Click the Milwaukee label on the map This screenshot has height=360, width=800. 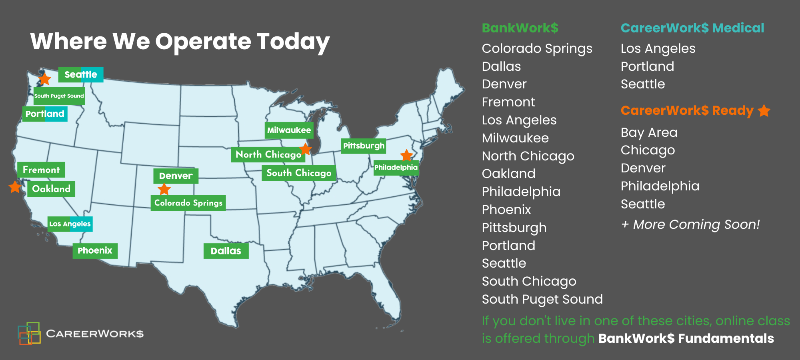coord(289,130)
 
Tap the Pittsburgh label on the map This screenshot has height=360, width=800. coord(364,146)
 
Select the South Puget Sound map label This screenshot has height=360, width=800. coord(59,96)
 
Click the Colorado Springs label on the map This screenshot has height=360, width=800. coord(188,203)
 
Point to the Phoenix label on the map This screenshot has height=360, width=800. coord(95,251)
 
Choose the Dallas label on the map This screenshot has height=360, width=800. coord(226,251)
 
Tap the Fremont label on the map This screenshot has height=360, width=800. coord(41,170)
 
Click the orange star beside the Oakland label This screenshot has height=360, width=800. coord(15,187)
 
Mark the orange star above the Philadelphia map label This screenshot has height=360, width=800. coord(406,155)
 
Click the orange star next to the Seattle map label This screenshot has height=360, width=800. coord(44,79)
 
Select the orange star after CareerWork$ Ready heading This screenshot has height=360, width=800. coord(764,111)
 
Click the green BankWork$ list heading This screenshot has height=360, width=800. coord(520,28)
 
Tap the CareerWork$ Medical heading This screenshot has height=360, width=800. coord(692,28)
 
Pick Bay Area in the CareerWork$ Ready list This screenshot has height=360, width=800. coord(649,132)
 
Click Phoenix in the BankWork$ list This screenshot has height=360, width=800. coord(506,210)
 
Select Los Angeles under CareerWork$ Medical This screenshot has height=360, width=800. coord(658,49)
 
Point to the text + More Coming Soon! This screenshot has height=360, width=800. coord(690,224)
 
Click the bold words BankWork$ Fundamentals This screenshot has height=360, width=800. coord(686,338)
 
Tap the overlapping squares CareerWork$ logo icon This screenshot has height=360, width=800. coord(29,333)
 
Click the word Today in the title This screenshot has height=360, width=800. coord(293,42)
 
